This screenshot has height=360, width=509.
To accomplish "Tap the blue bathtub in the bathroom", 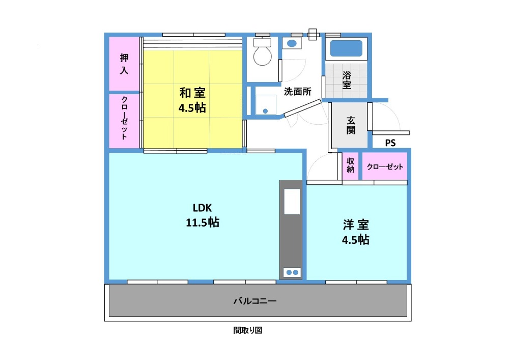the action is click(x=346, y=48).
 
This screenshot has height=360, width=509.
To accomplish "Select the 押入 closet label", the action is click(x=124, y=64).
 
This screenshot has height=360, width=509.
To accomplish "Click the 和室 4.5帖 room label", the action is click(x=192, y=100).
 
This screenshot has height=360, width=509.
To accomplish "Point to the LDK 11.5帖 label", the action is click(x=203, y=215).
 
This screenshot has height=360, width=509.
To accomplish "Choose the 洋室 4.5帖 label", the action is click(x=356, y=232).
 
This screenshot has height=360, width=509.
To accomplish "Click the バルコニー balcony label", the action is click(x=255, y=301).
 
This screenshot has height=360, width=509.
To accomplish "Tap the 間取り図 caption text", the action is click(x=248, y=330).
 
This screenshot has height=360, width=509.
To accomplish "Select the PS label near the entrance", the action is click(x=390, y=143).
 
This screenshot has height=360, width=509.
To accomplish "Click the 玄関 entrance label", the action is click(x=351, y=125).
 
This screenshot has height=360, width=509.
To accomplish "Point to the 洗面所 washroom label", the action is click(x=298, y=92).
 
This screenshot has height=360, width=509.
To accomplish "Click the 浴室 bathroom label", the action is click(x=347, y=80).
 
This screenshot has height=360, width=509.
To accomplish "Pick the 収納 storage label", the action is click(x=350, y=165).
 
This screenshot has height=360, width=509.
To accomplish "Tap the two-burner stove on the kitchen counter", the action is click(x=292, y=273).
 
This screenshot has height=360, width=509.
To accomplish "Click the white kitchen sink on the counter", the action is click(x=292, y=201).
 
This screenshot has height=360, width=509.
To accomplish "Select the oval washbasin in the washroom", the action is click(x=292, y=43).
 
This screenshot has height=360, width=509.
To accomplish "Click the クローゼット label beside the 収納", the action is click(x=385, y=167).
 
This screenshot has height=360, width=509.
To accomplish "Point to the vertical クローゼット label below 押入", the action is click(x=124, y=118).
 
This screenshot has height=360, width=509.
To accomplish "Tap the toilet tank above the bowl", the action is click(x=262, y=43).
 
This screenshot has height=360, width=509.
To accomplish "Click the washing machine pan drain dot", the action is click(x=265, y=111).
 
